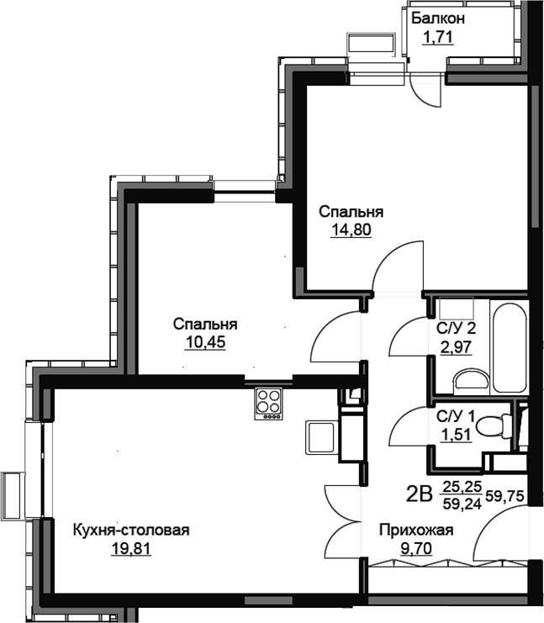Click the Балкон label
coord(437,18)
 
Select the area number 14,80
coord(351,230)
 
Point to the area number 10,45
coord(205,341)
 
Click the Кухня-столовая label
coord(131,530)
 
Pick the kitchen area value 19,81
coord(131,549)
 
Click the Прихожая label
coord(416,530)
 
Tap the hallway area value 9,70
coord(416,549)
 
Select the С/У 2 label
coord(457,328)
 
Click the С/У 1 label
coord(456,417)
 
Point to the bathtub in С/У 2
coord(508,347)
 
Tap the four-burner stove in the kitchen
coord(268,404)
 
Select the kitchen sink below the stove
coord(320,437)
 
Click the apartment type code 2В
coord(420,494)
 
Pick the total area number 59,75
coord(504,495)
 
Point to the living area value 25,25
coord(462,485)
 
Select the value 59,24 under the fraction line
coord(462,504)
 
